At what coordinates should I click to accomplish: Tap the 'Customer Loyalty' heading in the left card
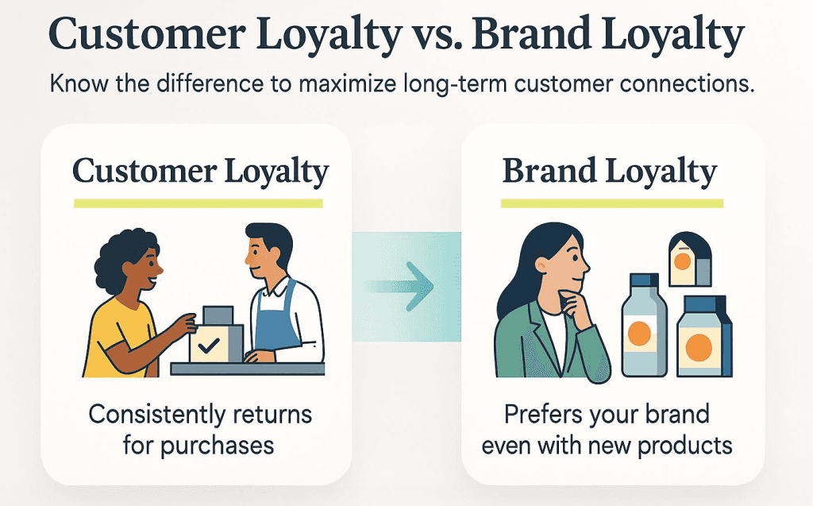[200, 172]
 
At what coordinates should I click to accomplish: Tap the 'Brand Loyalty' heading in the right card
[610, 172]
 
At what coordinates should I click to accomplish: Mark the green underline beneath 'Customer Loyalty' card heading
[198, 203]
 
